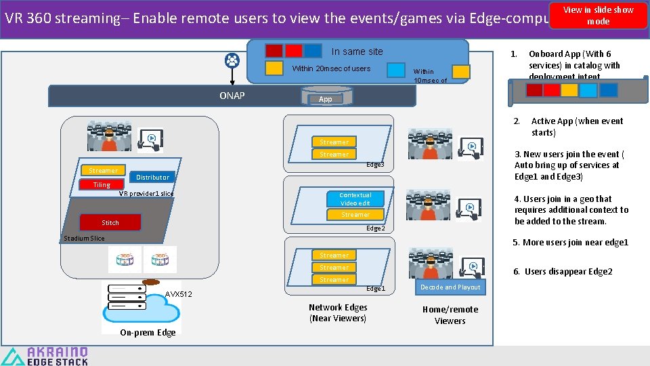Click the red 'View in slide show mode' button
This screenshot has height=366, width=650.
599,15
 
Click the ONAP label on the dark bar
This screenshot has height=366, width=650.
232,96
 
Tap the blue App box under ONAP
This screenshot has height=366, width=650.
326,99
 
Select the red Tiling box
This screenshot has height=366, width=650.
102,184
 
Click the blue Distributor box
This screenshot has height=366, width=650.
152,177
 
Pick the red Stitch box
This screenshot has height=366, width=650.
110,222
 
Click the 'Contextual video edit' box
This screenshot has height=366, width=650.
355,199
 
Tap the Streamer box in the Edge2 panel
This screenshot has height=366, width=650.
355,215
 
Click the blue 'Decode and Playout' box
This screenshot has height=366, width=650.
450,287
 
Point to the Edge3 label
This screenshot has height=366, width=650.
375,165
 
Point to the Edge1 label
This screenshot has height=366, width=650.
376,289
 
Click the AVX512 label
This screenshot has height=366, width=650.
179,294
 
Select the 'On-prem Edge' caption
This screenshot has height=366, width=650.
148,332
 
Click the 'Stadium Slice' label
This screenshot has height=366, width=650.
84,238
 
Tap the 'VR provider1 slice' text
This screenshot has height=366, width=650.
146,193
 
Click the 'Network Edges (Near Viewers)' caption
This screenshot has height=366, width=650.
338,312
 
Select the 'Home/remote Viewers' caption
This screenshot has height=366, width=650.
450,314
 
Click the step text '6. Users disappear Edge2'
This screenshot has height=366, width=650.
563,272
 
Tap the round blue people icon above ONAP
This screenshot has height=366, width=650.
232,60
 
